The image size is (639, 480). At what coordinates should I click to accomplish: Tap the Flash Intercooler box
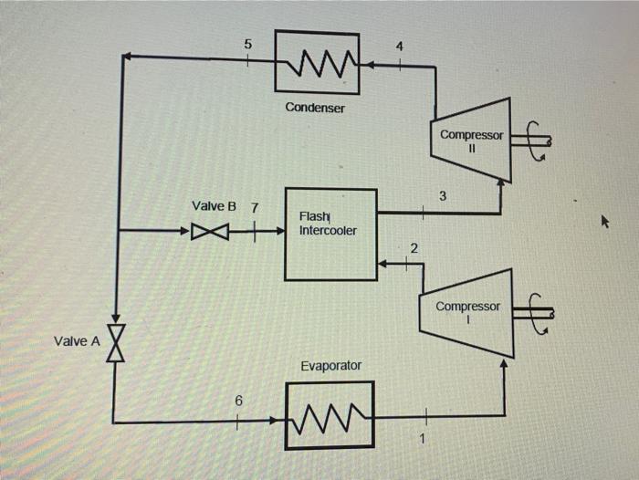[330, 235]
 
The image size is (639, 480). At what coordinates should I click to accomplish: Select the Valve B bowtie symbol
[209, 232]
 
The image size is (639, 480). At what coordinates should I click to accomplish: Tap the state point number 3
[443, 195]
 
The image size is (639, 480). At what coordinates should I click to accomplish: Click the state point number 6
[238, 401]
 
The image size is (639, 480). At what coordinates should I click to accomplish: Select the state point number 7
[255, 208]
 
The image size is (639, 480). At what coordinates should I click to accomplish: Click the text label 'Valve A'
[76, 341]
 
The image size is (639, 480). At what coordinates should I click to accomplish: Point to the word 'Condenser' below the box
[315, 108]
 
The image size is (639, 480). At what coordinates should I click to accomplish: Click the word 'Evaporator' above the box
[330, 365]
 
